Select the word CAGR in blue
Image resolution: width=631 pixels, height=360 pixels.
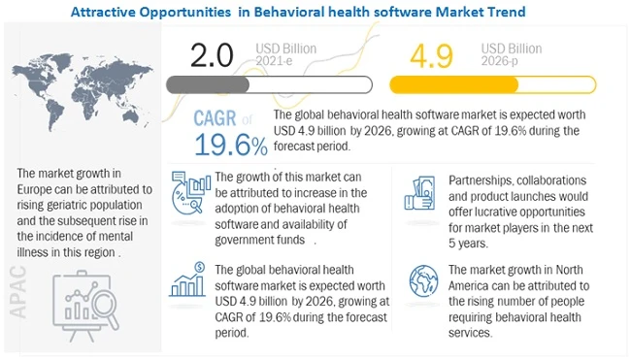coord(215,118)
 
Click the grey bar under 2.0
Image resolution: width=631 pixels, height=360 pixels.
coord(234,84)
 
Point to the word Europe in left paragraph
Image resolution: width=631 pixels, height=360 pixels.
coord(40,188)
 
